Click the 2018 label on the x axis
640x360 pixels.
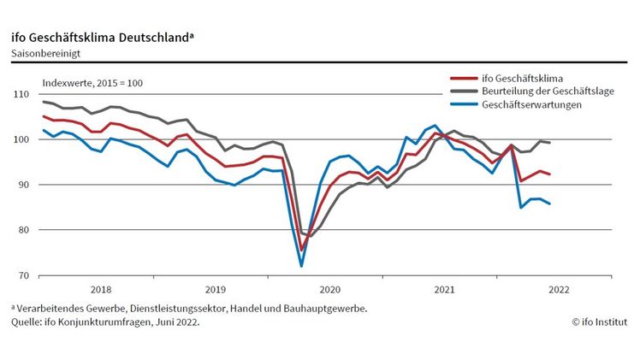(100, 289)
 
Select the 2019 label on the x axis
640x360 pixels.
(215, 289)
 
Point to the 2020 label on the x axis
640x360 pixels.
(329, 289)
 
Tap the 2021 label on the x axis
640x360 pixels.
(444, 289)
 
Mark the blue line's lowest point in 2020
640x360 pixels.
(301, 266)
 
